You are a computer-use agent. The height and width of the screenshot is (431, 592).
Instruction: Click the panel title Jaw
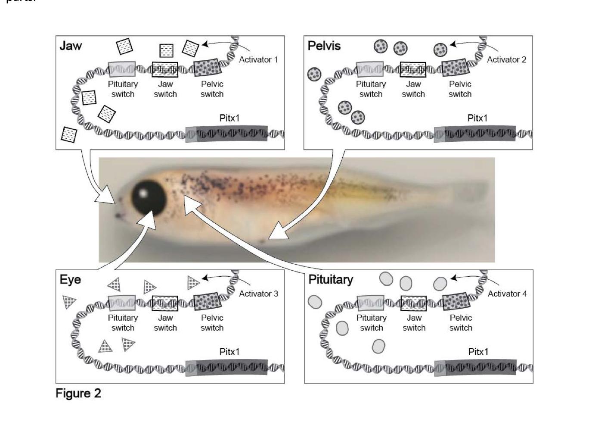coord(71,46)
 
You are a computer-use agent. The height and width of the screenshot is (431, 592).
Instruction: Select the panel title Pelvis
coord(324,46)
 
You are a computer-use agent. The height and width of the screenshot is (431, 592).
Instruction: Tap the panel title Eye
coord(70,280)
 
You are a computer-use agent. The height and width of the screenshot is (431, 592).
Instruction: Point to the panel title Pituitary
coord(331,280)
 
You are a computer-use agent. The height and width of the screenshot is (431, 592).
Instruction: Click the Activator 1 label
coord(258,59)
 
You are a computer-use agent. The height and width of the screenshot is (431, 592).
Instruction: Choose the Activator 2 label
coord(506,59)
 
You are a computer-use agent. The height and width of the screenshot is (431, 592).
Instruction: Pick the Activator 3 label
coord(258,294)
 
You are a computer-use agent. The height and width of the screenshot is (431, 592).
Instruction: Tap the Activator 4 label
coord(507,294)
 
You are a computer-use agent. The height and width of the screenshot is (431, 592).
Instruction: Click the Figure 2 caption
coord(78,393)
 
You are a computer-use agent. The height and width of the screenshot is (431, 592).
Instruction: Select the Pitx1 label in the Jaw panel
coord(229,118)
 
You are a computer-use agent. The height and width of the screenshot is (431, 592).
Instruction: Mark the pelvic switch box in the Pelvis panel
coord(456,68)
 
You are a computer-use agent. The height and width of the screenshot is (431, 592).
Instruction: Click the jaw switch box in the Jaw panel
coord(165,69)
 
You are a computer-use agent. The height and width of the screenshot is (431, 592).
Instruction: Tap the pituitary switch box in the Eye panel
coord(122,303)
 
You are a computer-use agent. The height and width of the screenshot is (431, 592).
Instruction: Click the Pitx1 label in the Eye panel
coord(229,352)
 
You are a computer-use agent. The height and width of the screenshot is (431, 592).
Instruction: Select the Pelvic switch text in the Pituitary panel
coord(461,323)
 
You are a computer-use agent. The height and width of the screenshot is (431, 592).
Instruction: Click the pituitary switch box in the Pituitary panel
coord(371,303)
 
